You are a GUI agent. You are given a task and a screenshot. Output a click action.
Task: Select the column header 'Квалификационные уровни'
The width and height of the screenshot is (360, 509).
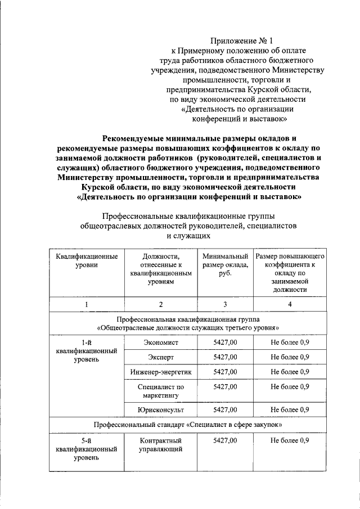click(87, 261)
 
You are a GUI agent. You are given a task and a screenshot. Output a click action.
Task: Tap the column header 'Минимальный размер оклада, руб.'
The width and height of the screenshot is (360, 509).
click(225, 265)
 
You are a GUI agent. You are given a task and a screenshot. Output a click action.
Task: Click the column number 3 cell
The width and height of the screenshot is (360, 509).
click(225, 304)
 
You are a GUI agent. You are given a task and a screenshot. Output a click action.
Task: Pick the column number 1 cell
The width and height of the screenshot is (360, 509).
click(87, 304)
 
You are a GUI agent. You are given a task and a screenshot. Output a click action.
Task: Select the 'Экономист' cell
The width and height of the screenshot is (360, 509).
click(160, 341)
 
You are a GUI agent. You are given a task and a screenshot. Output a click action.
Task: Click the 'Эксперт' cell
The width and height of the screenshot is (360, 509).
click(160, 357)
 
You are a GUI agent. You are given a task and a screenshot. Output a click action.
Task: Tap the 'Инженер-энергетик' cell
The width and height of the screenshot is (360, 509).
click(160, 372)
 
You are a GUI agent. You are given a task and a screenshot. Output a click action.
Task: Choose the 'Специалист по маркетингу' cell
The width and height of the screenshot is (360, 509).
click(160, 391)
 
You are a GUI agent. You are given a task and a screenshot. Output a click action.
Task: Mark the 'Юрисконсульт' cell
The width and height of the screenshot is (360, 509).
click(160, 409)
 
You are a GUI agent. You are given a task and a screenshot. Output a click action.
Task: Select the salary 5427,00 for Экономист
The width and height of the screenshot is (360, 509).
click(225, 341)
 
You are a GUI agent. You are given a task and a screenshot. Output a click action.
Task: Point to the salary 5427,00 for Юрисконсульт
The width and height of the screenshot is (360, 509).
click(225, 409)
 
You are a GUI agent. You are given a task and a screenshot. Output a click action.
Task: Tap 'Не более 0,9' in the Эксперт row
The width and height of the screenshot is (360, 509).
click(290, 357)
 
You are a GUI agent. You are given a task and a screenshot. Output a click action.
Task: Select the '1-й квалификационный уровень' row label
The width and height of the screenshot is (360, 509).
click(87, 350)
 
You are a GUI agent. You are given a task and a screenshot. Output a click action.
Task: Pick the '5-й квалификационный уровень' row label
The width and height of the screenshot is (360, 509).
click(87, 449)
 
